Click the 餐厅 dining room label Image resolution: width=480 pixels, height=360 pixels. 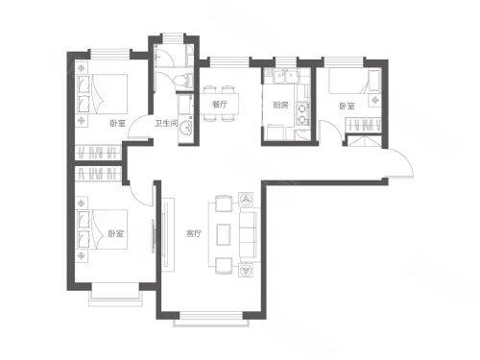pos(220,105)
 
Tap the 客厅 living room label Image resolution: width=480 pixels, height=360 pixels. pos(194,233)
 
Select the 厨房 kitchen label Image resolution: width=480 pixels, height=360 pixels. pos(280,105)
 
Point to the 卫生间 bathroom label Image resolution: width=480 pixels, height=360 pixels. pos(166,123)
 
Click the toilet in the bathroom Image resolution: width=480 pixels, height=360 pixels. pos(183,81)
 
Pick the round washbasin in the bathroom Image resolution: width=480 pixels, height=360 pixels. pos(185,128)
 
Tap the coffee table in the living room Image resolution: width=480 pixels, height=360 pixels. pos(224,234)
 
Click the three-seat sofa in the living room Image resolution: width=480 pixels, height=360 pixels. pos(248,234)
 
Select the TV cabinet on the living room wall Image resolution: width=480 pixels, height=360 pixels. pos(168,234)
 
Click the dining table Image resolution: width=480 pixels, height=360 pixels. pos(220,104)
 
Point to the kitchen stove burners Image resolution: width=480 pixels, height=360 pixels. pos(302,114)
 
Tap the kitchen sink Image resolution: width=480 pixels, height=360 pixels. pos(282,76)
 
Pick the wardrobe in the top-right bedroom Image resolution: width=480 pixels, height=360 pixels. pos(363,125)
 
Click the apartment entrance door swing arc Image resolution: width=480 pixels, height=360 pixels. pos(406,157)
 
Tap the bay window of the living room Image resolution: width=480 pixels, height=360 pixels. pos(211,319)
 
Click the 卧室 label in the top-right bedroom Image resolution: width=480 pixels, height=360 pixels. pos(348,106)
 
